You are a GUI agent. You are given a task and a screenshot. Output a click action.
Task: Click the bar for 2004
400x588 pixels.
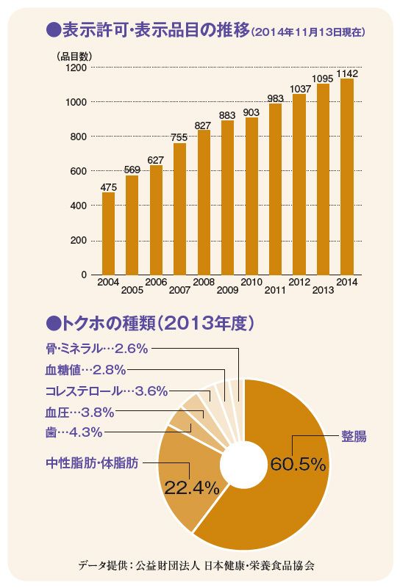coord(108,233)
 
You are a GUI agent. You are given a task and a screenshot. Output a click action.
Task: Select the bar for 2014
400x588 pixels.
coord(347,177)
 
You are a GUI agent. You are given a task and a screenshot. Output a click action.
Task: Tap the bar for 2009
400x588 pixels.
coord(228,197)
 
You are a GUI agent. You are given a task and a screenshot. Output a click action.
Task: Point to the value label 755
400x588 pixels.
coord(179,137)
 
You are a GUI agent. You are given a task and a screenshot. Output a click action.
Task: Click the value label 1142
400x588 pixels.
coord(347,73)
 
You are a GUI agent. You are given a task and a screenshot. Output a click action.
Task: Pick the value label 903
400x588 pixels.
coord(251,112)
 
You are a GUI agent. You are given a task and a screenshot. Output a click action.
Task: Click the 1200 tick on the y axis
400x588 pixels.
coord(76,68)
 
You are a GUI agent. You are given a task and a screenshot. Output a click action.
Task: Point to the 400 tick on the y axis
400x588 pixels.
coord(78,206)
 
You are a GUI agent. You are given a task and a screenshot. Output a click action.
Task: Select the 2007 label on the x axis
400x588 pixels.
coord(179,290)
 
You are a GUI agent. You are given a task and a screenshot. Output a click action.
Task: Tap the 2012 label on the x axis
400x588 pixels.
coord(299,282)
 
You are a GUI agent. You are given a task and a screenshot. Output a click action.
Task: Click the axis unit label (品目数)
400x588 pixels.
coord(74,57)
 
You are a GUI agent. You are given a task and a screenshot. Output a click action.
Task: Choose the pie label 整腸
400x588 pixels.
coord(354,437)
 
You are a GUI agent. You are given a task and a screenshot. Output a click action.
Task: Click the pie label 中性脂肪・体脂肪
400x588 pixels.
coord(92,462)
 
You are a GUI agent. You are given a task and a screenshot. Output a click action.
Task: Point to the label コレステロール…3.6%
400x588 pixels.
coord(107,391)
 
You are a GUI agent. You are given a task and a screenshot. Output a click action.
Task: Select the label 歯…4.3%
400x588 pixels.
coord(74,432)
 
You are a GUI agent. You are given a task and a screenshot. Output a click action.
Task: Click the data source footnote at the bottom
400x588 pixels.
coord(196,565)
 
